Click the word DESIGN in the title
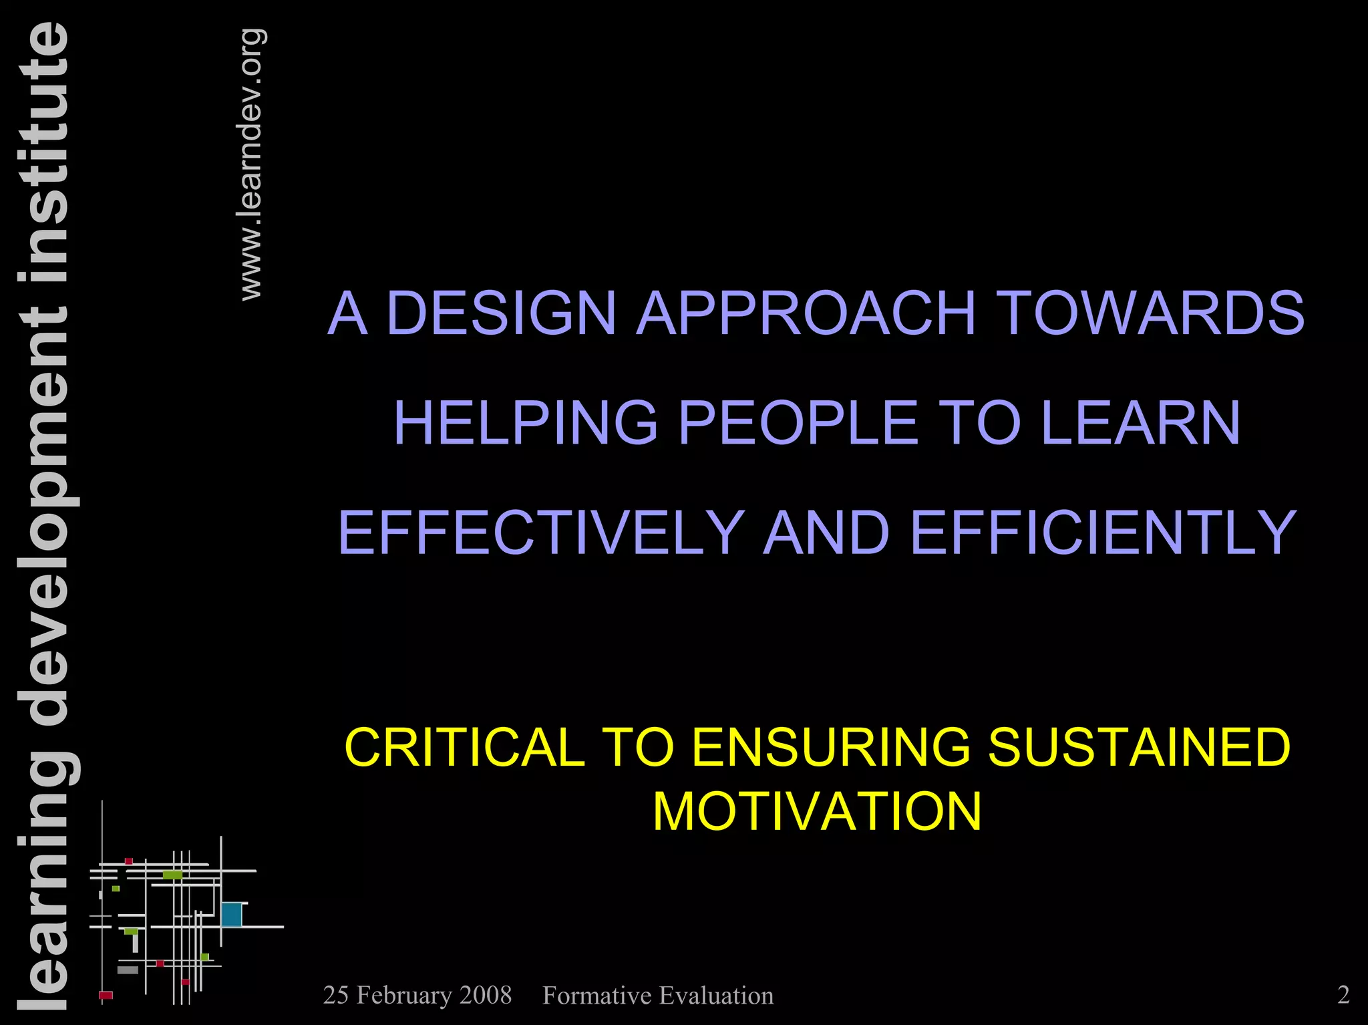[501, 313]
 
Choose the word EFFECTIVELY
[541, 532]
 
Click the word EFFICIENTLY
[1103, 532]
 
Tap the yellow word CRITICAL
[465, 747]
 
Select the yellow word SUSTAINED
[1139, 747]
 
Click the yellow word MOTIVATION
[817, 812]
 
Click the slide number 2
[1343, 995]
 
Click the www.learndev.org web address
[251, 164]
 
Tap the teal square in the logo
[231, 914]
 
